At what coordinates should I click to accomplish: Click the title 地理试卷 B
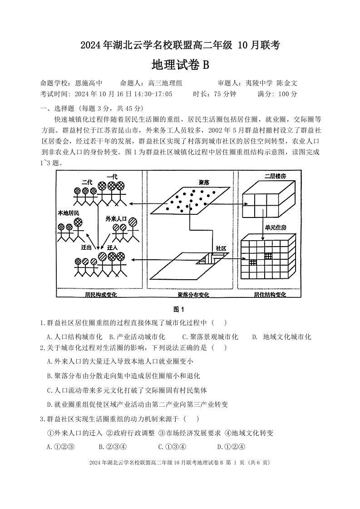[180, 65]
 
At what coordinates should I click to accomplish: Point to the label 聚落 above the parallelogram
[204, 182]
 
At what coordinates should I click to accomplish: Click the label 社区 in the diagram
[221, 248]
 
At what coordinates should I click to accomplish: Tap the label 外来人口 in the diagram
[116, 218]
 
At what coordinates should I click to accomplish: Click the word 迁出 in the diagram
[86, 247]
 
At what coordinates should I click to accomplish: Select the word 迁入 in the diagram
[113, 247]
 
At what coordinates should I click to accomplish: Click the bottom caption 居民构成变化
[101, 295]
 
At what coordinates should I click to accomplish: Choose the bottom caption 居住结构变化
[270, 295]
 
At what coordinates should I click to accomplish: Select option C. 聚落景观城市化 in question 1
[210, 336]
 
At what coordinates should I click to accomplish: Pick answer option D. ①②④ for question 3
[231, 446]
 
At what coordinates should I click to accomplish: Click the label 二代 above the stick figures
[87, 182]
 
